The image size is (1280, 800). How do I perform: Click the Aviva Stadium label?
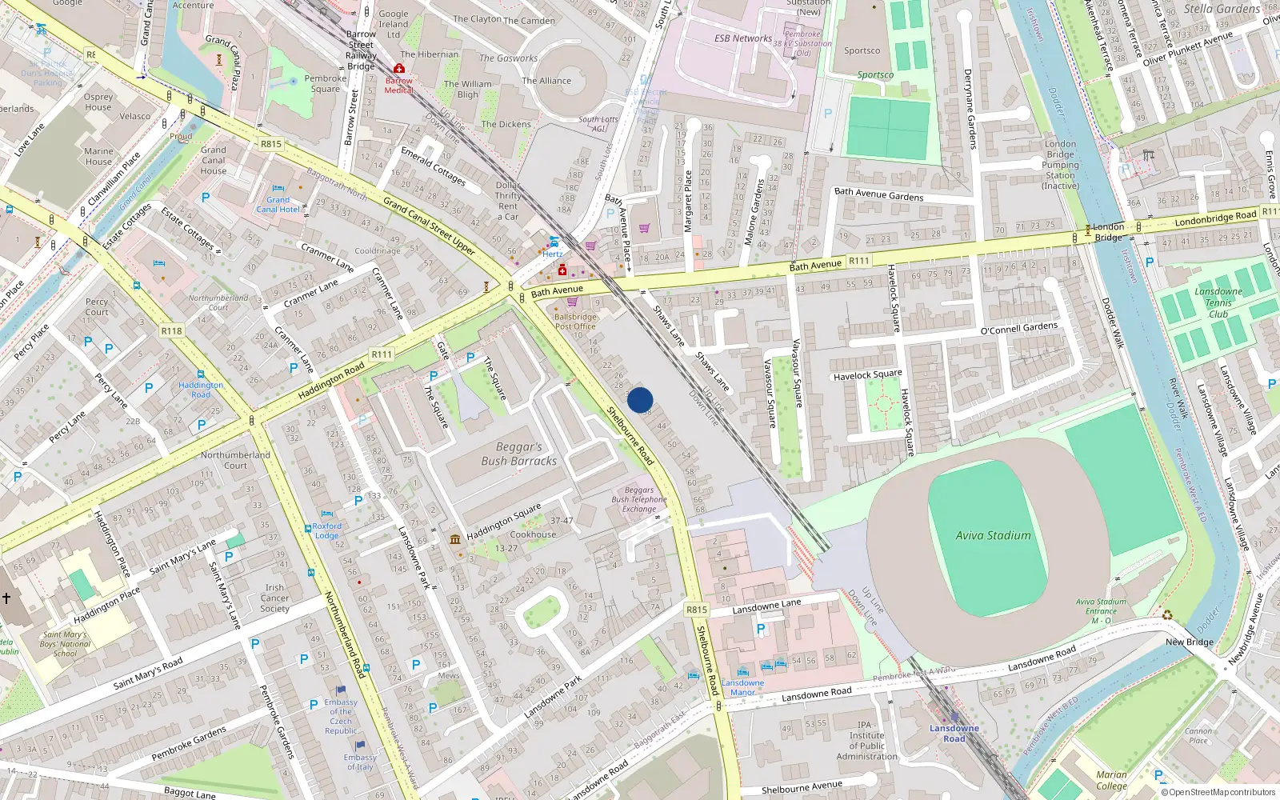coord(993,535)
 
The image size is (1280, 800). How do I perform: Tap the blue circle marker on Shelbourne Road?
coord(640,400)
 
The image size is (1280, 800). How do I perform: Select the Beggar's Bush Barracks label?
coord(518,454)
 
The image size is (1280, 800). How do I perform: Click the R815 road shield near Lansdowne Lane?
coord(697,610)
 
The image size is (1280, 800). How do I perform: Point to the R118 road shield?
coord(171,330)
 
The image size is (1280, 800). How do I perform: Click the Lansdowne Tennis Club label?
coord(1218,302)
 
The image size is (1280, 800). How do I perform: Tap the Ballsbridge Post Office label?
coord(575,322)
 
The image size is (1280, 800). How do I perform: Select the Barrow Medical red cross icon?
coord(399,69)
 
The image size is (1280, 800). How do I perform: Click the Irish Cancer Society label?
coord(274,598)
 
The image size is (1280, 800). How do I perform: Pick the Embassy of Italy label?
coord(359,762)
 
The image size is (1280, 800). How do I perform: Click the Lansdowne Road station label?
coord(954,733)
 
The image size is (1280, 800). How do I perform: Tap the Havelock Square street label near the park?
coord(867,374)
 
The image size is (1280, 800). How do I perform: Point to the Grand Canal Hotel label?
coord(278,205)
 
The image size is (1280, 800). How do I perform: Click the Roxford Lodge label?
coord(326,530)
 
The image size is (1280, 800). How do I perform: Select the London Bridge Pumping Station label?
coord(1060,165)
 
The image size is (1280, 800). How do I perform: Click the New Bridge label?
coord(1189,642)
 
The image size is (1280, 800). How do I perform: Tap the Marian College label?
coord(1111,780)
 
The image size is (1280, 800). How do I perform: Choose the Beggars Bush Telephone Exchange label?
coord(638,499)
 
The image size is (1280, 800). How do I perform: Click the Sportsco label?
coord(862,50)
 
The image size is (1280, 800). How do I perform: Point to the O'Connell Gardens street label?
coord(1018,328)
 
